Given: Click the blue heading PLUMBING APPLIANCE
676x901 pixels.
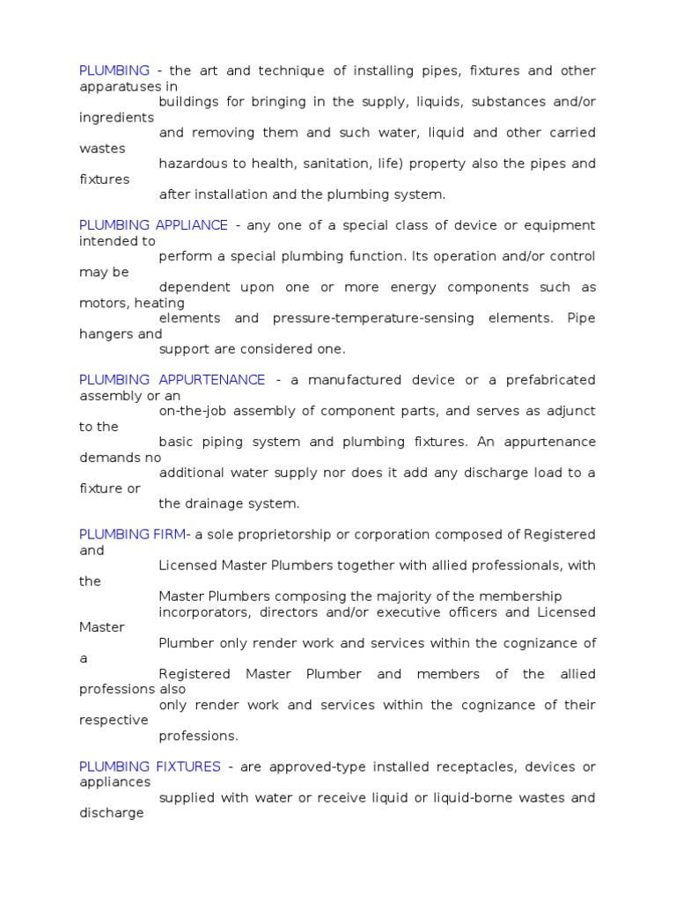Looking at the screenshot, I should (153, 225).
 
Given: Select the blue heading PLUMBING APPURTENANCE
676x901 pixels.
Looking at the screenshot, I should (172, 380).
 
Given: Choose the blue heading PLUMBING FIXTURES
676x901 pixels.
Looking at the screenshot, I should (150, 766).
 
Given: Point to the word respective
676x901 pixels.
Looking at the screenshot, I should (114, 720).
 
